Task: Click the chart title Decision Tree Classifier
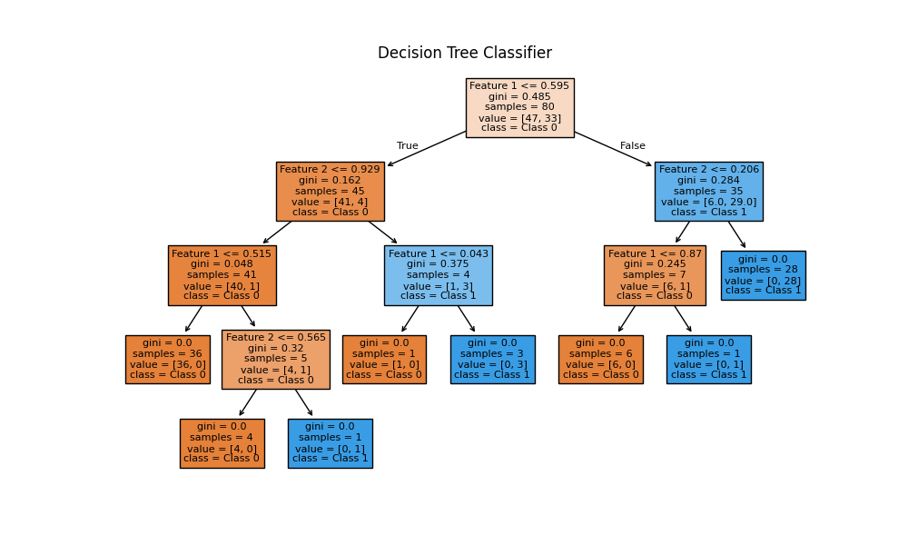point(464,53)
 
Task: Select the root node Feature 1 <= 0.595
point(519,107)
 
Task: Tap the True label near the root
point(408,146)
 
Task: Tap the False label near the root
point(633,146)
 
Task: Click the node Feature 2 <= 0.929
point(330,191)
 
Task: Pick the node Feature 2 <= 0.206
point(708,191)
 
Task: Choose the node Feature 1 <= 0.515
point(222,274)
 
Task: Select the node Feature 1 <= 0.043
point(438,274)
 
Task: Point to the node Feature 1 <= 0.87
point(655,274)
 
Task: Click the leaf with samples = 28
point(763,274)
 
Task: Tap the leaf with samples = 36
point(167,359)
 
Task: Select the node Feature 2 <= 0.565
point(275,359)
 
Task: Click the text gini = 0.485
point(519,96)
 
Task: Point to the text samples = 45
point(330,191)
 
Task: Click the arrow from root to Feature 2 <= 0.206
point(613,149)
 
